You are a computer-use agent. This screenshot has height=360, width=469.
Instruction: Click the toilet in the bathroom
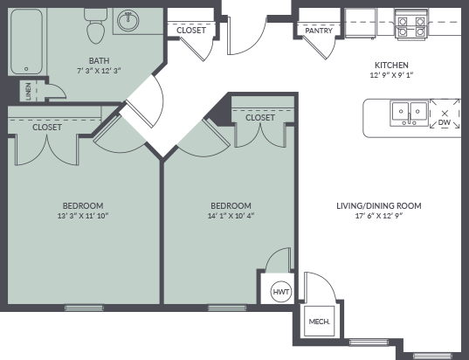[96, 25]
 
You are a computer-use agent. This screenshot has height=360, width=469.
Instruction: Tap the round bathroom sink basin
[128, 21]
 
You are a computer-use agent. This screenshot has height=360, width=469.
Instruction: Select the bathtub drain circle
[26, 69]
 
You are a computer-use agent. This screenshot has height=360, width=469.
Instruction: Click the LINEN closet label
[29, 91]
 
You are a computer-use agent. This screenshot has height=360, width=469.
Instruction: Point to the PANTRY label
[319, 31]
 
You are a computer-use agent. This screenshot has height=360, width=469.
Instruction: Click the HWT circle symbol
[281, 292]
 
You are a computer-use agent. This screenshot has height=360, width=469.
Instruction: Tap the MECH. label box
[319, 322]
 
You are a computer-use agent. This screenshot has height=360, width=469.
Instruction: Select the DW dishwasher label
[445, 122]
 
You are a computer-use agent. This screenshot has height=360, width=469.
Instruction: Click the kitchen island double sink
[410, 113]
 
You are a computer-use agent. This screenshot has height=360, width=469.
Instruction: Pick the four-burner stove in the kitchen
[411, 24]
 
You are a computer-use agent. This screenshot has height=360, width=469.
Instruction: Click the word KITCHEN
[391, 65]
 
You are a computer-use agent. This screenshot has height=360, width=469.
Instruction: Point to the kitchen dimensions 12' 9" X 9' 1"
[391, 75]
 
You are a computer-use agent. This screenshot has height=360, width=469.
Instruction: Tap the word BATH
[99, 61]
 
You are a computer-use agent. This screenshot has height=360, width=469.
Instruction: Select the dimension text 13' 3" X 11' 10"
[83, 216]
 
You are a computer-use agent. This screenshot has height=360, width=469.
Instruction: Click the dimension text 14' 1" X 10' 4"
[231, 216]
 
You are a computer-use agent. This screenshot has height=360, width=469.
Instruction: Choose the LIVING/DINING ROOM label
[379, 206]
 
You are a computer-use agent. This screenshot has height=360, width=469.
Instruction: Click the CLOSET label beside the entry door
[191, 31]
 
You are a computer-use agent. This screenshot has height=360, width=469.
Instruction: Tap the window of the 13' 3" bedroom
[84, 308]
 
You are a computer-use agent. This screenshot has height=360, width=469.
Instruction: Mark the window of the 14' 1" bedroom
[227, 308]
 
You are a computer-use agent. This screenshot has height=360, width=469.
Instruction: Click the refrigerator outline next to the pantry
[360, 24]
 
